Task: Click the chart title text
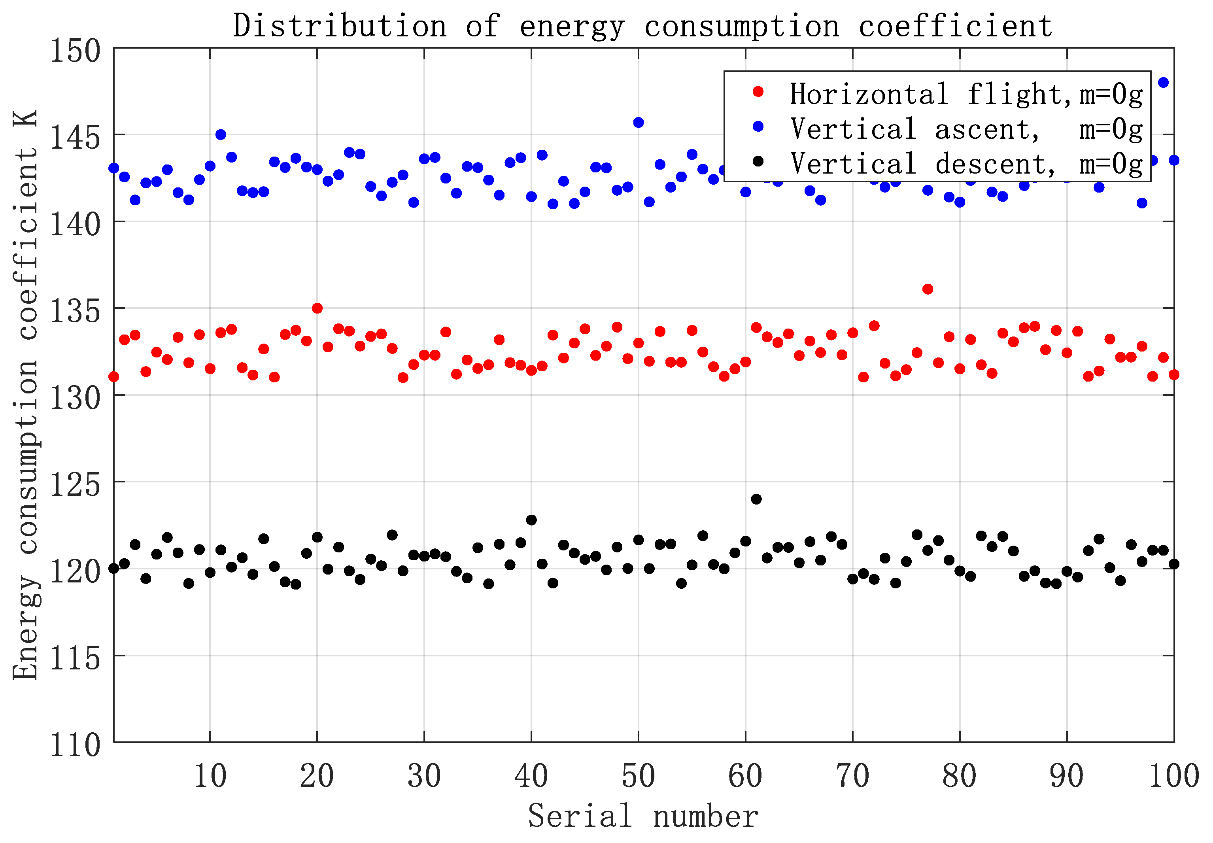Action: [642, 25]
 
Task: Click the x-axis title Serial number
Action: [642, 816]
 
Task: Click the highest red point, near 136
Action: [927, 289]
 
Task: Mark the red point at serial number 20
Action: [317, 308]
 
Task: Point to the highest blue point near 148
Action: [1163, 82]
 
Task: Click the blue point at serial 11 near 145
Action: [221, 135]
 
